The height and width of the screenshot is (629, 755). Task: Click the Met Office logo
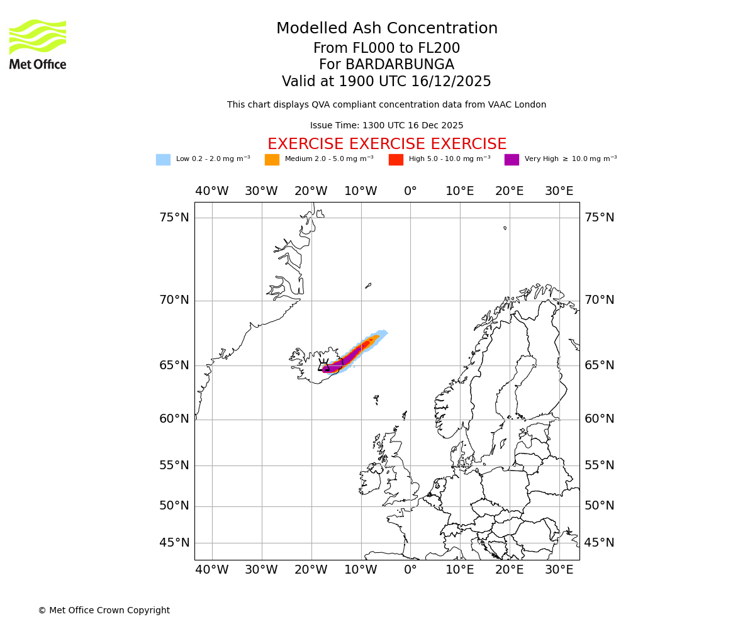point(38,44)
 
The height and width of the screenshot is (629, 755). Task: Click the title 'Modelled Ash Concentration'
point(386,29)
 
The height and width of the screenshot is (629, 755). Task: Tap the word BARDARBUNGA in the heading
point(400,65)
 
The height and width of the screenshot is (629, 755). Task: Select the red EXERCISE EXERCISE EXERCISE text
point(386,144)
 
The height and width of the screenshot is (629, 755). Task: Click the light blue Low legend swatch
point(163,160)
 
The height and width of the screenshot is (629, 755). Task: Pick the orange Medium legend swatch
point(272,160)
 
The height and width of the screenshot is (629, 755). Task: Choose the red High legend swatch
point(396,160)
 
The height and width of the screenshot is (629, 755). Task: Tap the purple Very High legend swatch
point(512,160)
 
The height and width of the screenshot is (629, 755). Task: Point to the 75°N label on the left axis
point(174,218)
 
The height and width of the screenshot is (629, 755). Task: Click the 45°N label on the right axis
point(599,543)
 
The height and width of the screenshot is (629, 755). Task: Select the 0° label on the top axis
point(410,191)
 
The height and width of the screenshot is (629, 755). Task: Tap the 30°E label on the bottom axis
point(559,570)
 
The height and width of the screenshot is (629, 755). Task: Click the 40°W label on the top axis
point(211,191)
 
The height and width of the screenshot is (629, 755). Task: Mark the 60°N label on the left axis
point(174,419)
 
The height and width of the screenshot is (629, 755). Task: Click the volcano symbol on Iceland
point(324,365)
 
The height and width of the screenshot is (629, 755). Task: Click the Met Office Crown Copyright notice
point(104,610)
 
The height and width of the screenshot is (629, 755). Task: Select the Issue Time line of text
point(386,126)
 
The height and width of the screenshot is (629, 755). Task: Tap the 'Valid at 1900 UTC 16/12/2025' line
point(386,82)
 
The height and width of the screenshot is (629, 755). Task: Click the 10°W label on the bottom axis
point(361,570)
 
